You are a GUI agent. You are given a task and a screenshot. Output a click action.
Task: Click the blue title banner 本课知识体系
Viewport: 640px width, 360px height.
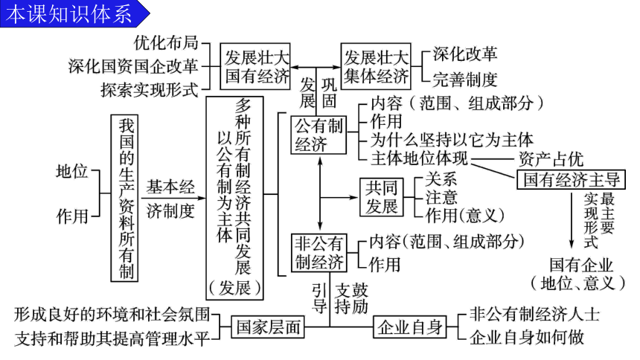pyautogui.click(x=74, y=14)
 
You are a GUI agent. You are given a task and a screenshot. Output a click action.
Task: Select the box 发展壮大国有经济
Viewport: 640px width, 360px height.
pyautogui.click(x=255, y=66)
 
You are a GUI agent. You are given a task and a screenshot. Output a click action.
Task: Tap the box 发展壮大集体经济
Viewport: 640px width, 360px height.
pyautogui.click(x=376, y=66)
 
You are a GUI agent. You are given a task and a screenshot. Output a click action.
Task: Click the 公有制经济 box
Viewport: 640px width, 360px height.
pyautogui.click(x=319, y=135)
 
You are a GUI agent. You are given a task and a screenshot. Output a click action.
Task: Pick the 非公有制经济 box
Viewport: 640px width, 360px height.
pyautogui.click(x=319, y=253)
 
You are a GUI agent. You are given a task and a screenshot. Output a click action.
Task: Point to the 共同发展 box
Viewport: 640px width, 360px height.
pyautogui.click(x=382, y=197)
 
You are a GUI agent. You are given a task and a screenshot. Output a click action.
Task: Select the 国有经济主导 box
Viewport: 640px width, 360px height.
pyautogui.click(x=571, y=179)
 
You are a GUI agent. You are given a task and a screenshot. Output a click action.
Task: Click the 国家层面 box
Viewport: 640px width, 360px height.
pyautogui.click(x=268, y=327)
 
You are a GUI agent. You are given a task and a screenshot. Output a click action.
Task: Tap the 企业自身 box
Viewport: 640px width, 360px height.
pyautogui.click(x=410, y=327)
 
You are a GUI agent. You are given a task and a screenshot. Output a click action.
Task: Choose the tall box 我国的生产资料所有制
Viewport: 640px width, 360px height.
pyautogui.click(x=124, y=199)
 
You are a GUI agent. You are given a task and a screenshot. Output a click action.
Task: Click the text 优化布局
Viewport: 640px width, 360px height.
pyautogui.click(x=166, y=43)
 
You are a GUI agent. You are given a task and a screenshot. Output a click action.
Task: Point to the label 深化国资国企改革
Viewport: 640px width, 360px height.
pyautogui.click(x=133, y=66)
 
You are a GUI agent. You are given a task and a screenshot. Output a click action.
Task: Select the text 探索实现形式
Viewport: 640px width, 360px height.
pyautogui.click(x=150, y=90)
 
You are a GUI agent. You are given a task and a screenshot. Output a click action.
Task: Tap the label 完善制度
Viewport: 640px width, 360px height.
pyautogui.click(x=465, y=80)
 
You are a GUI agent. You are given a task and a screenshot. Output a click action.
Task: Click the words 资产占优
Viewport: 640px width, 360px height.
pyautogui.click(x=551, y=158)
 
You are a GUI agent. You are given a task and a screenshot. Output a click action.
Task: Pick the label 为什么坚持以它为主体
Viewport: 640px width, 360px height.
pyautogui.click(x=452, y=140)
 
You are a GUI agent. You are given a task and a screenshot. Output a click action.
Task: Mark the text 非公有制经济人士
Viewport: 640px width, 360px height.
pyautogui.click(x=534, y=315)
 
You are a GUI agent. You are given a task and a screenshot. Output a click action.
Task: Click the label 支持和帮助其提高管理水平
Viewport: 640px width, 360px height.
pyautogui.click(x=112, y=338)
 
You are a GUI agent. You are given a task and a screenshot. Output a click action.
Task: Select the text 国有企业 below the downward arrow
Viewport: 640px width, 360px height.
pyautogui.click(x=581, y=265)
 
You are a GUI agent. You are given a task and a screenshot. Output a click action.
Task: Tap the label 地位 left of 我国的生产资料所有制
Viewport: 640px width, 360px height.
pyautogui.click(x=72, y=171)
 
